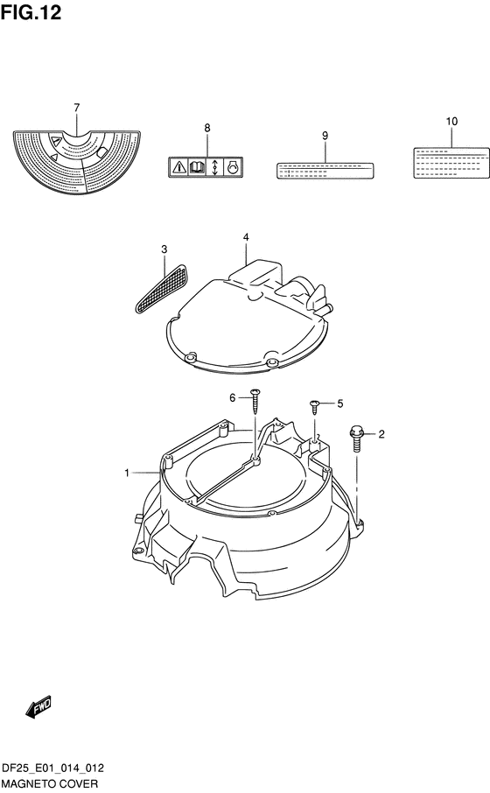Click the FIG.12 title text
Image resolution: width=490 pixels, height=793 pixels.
31,12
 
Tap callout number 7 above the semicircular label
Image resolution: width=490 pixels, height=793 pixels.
76,108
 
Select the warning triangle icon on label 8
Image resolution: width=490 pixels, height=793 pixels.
178,166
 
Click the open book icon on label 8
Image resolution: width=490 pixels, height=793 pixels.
197,166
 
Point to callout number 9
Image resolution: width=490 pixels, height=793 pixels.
325,136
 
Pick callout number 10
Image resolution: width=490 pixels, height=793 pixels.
451,122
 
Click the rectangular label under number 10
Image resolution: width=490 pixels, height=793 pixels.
451,163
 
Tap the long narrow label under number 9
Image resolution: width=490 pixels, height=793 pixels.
325,171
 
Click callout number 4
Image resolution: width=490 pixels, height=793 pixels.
246,237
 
